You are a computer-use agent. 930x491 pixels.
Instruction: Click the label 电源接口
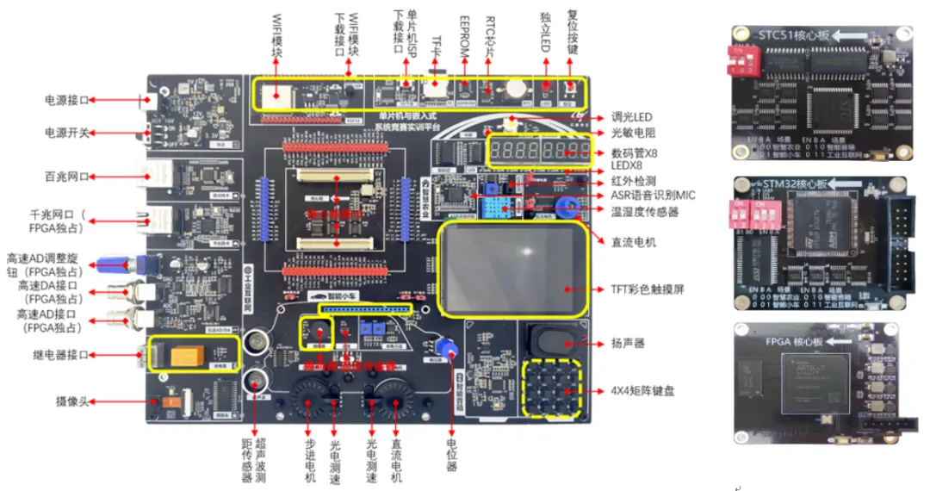(66, 101)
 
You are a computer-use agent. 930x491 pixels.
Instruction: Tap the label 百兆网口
(66, 176)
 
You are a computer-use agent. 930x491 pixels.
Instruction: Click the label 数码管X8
(633, 152)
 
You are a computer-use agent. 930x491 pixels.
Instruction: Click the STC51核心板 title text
(797, 35)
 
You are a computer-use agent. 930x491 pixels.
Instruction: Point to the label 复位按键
(573, 29)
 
